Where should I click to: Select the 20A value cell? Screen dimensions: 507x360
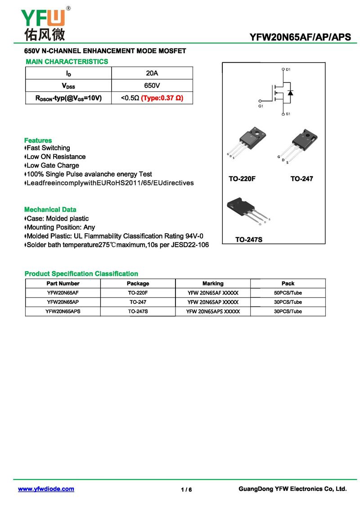click(x=152, y=73)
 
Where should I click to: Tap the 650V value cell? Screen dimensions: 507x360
click(x=152, y=86)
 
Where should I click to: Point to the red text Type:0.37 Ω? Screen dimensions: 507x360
click(x=162, y=98)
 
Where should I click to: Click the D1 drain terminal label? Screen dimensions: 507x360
click(x=288, y=70)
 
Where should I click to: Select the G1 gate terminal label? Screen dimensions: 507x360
click(x=261, y=106)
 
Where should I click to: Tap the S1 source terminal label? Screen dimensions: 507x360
click(x=288, y=114)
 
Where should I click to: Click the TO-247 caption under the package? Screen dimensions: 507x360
click(x=301, y=179)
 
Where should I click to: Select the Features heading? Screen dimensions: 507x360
click(x=38, y=140)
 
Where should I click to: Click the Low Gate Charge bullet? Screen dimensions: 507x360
click(x=52, y=165)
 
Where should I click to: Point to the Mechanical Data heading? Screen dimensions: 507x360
click(x=50, y=209)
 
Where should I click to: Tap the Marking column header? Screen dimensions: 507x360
click(x=213, y=284)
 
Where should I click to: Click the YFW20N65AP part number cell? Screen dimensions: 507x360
click(x=63, y=302)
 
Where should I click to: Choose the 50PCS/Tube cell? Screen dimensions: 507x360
click(x=288, y=293)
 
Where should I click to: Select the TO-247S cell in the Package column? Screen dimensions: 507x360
click(x=138, y=312)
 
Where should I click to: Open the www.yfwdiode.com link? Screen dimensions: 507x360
click(x=46, y=489)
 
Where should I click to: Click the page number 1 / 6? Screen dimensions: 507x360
click(x=186, y=490)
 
